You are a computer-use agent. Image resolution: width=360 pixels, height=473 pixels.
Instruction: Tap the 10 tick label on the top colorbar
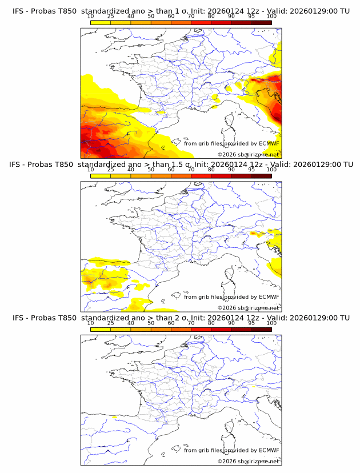90,16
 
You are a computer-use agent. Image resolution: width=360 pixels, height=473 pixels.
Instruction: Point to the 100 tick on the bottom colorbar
271,323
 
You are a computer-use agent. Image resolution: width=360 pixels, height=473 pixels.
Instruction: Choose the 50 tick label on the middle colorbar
151,170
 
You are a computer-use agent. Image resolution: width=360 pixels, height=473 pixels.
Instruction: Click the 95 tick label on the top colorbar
251,16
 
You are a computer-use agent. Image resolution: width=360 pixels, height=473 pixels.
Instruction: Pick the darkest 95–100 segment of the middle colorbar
261,175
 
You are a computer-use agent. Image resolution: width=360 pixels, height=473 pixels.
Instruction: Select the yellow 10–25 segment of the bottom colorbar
101,328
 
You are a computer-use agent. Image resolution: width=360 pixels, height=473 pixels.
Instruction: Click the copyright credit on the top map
248,154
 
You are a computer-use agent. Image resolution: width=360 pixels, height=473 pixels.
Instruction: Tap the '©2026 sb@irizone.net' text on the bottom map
248,461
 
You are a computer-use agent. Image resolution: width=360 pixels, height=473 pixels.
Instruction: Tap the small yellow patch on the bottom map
115,418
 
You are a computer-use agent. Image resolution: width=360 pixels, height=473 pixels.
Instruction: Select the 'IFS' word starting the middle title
18,165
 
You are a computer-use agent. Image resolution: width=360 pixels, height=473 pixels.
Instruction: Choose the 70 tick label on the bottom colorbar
191,323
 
